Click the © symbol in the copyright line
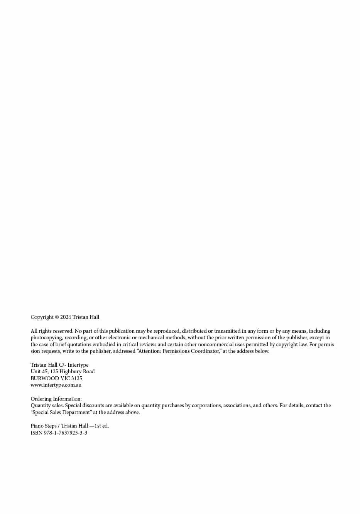click(x=57, y=317)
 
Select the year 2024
click(x=66, y=317)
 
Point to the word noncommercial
click(x=216, y=344)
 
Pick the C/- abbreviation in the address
click(x=62, y=365)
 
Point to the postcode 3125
click(x=76, y=378)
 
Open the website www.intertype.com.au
click(x=56, y=385)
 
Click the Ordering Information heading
click(x=56, y=399)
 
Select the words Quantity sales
click(x=47, y=406)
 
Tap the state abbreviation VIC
click(x=65, y=378)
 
